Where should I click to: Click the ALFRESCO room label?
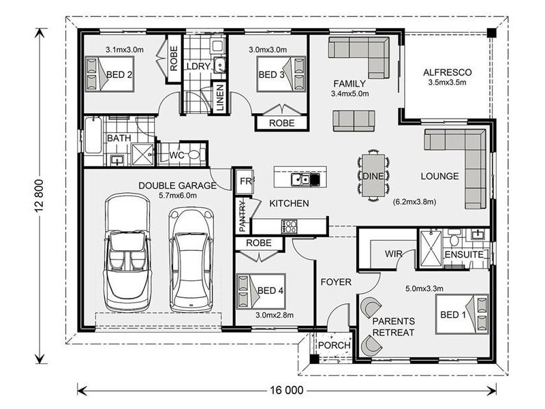448,72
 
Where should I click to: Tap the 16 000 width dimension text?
287,390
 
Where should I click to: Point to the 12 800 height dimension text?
40,196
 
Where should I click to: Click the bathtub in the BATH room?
93,135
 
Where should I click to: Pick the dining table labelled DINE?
373,175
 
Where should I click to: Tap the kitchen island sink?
300,179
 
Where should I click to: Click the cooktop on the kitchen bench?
289,226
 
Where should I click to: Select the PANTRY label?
243,217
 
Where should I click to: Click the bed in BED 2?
110,74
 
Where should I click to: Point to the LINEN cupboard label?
220,97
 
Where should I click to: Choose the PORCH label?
334,346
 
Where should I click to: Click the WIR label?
393,254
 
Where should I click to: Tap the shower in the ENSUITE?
431,249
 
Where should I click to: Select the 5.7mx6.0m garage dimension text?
178,196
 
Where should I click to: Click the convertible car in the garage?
128,252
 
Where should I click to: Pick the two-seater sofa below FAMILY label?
354,121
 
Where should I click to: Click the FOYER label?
336,282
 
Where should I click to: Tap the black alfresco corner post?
491,33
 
